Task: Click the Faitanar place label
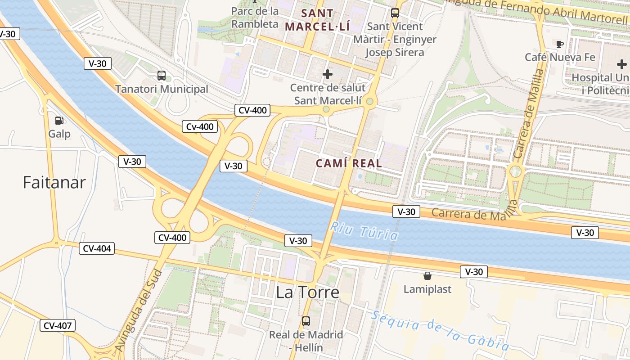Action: (54, 182)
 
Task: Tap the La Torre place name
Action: (307, 292)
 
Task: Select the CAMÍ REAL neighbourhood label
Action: (349, 163)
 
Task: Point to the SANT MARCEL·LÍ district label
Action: (317, 20)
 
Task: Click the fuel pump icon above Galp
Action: (59, 121)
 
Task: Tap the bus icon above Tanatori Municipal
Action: (161, 76)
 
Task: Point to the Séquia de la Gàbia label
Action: (441, 330)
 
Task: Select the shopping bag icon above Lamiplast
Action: (427, 276)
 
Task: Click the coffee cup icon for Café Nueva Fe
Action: (559, 44)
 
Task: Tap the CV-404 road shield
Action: (96, 248)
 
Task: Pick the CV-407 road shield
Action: (58, 325)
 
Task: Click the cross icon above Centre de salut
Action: (328, 74)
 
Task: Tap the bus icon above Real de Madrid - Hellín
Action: (306, 321)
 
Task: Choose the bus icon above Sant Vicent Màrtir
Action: (395, 13)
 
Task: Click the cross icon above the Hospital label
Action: (621, 64)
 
